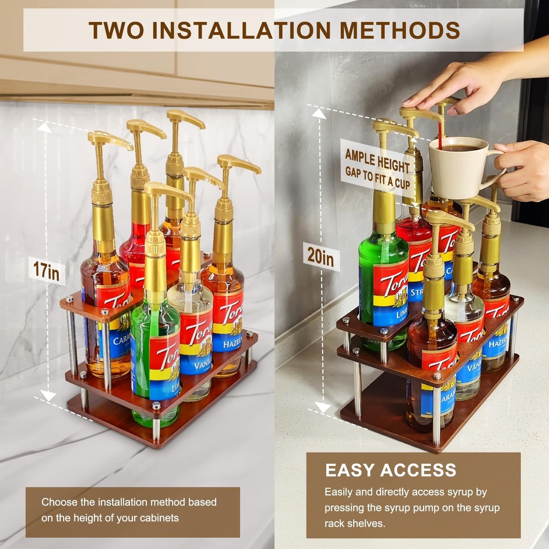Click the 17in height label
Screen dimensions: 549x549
[46, 270]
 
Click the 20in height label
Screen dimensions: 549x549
[321, 257]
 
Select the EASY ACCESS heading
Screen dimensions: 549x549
[390, 471]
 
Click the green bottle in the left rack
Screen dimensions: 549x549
[155, 365]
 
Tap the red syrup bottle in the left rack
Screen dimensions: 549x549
[134, 252]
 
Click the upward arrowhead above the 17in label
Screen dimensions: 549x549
[44, 127]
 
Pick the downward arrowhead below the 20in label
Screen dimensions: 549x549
[322, 407]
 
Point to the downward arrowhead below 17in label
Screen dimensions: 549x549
[48, 396]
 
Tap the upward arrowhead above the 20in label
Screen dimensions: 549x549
[319, 113]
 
